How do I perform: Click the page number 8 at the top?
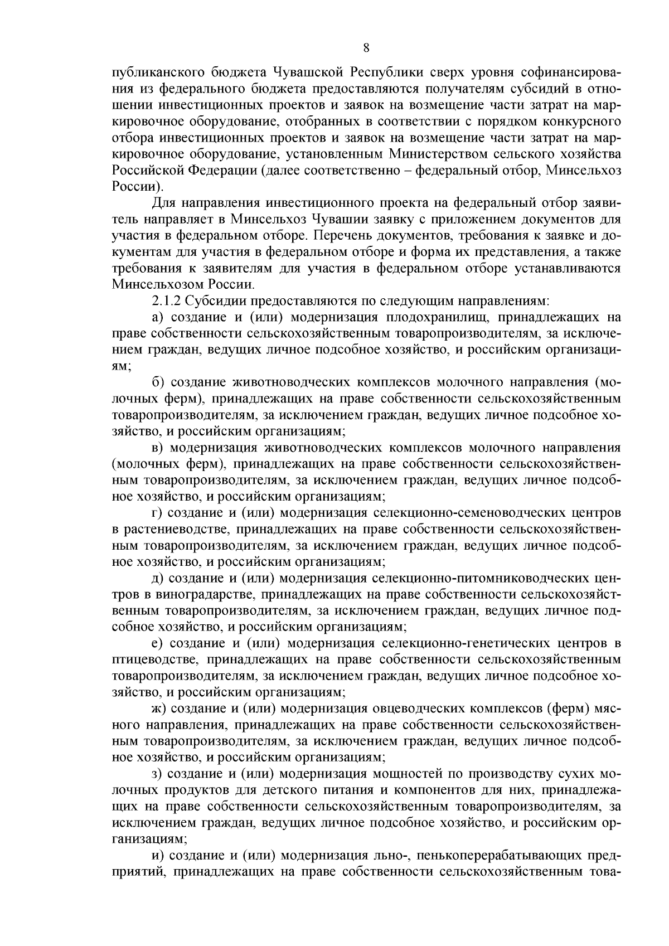pos(366,48)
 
